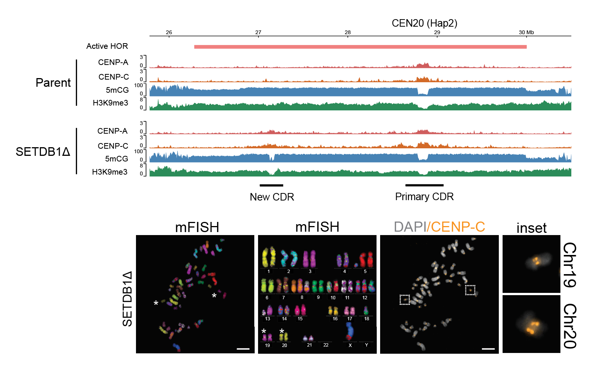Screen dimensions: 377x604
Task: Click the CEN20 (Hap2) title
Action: [424, 23]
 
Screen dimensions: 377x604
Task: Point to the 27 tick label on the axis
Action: [258, 32]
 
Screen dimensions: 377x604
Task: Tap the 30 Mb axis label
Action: [526, 32]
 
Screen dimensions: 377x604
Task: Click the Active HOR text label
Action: [107, 46]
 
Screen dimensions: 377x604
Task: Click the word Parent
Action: [53, 83]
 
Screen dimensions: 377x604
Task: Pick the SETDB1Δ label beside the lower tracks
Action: [43, 152]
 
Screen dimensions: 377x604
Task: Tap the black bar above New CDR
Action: [271, 185]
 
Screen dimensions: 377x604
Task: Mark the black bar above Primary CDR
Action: [424, 185]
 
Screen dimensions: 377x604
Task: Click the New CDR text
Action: [272, 197]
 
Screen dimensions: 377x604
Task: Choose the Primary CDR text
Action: [424, 197]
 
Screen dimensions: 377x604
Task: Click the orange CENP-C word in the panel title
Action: [458, 227]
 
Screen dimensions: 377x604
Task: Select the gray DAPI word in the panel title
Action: [410, 227]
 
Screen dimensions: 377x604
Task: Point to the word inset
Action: [531, 228]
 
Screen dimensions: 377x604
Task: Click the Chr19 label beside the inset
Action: [569, 265]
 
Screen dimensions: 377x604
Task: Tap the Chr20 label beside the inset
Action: [569, 326]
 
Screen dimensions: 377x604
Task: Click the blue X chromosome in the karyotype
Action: [350, 330]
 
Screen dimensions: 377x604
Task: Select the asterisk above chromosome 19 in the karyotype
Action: [264, 331]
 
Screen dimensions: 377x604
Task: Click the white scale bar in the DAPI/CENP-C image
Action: [488, 349]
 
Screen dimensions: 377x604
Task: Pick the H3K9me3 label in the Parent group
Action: [110, 103]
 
